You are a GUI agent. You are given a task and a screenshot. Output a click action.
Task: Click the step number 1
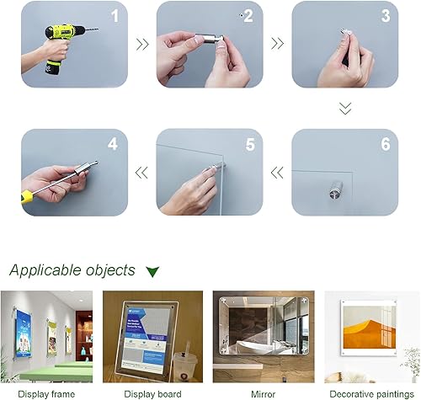[x=115, y=16]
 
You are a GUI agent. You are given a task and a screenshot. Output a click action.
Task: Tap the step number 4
[x=113, y=144]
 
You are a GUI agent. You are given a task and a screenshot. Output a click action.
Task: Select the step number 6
[x=386, y=144]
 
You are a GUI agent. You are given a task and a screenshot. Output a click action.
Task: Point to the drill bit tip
[x=98, y=29]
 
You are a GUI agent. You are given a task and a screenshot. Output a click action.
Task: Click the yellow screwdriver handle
[x=28, y=196]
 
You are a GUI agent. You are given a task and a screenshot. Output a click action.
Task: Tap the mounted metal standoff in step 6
[x=336, y=190]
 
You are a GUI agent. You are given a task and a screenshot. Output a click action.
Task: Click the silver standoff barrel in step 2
[x=207, y=38]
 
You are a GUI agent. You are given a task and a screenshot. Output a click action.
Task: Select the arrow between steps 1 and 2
[x=142, y=45]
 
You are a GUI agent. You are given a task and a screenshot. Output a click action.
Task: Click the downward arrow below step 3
[x=345, y=109]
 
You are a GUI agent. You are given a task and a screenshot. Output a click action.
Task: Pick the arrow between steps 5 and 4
[x=141, y=173]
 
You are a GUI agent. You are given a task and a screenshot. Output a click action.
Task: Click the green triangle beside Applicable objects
[x=152, y=271]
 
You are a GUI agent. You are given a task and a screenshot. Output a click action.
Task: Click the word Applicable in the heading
[x=45, y=270]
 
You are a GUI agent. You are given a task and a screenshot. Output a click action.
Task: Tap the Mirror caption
[x=263, y=394]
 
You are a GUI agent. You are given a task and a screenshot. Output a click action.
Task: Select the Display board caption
[x=152, y=394]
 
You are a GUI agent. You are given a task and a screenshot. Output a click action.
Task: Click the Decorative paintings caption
[x=371, y=394]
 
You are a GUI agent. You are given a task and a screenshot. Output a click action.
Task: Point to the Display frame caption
[x=46, y=394]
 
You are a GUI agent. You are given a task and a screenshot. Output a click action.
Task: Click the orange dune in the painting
[x=365, y=334]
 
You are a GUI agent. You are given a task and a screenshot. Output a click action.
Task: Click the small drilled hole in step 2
[x=241, y=15]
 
